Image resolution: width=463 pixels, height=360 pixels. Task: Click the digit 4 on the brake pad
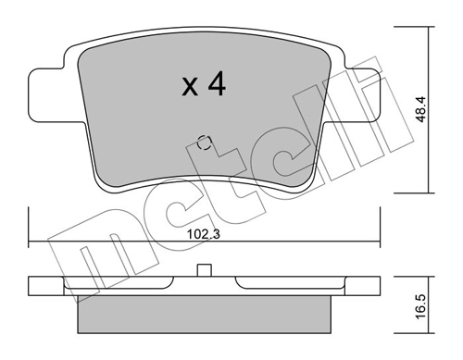tap(215, 85)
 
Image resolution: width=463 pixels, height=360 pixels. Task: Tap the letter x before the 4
tap(189, 88)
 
